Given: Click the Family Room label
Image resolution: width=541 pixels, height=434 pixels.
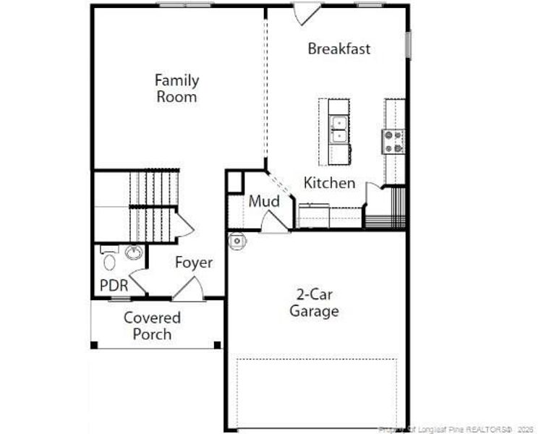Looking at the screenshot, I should point(176,88).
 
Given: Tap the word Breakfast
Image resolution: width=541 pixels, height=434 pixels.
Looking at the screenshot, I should point(338,49).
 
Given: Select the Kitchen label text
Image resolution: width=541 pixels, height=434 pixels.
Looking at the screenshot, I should point(329,183).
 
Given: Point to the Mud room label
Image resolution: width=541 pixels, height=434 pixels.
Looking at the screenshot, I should point(264,202).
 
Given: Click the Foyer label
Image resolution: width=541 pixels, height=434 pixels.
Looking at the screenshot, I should point(194,263).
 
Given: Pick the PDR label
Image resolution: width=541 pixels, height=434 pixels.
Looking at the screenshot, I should point(114,286).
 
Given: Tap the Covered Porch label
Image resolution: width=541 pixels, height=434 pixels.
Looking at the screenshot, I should point(152,325).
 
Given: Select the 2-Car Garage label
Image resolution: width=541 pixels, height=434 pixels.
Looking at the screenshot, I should point(314,303).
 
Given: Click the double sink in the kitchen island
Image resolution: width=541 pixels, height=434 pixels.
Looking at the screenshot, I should point(338,130).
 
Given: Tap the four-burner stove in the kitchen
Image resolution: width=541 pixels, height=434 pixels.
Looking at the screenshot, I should point(394,141).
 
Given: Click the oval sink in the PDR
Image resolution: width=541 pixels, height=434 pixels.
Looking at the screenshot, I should point(134,252).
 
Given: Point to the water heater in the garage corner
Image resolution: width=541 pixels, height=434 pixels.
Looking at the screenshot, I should point(237,242).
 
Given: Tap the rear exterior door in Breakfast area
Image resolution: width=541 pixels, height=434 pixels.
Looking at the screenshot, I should point(307,14).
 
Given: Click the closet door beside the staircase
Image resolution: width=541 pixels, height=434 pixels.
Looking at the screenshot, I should point(184,226).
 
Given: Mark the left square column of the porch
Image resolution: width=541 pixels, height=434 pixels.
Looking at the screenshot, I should point(94,345).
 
